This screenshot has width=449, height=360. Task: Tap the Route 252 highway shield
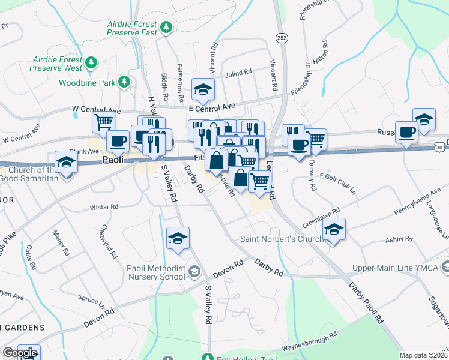282,38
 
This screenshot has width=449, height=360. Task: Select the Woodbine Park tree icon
124,82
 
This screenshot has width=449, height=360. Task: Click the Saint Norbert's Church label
282,238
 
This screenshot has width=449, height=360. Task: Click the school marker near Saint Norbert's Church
334,230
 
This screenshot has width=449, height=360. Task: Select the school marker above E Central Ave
203,90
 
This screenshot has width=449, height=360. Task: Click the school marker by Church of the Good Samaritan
66,162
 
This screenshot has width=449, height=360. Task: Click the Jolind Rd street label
238,73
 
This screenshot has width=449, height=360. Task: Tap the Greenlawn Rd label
323,215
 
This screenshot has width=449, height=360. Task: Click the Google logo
20,353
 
